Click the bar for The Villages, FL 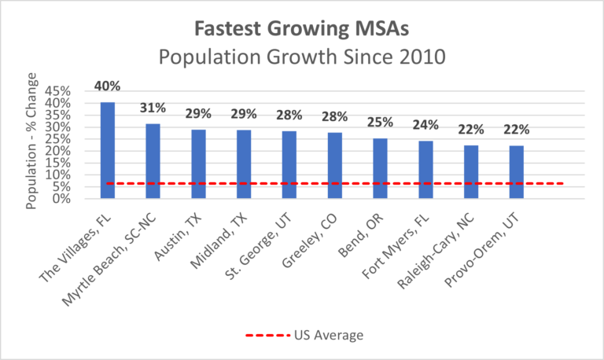coord(107,150)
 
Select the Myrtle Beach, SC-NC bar coord(153,161)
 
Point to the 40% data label coord(107,86)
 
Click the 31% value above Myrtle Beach coord(153,107)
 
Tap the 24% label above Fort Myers coord(425,124)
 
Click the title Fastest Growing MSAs coord(302,30)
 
